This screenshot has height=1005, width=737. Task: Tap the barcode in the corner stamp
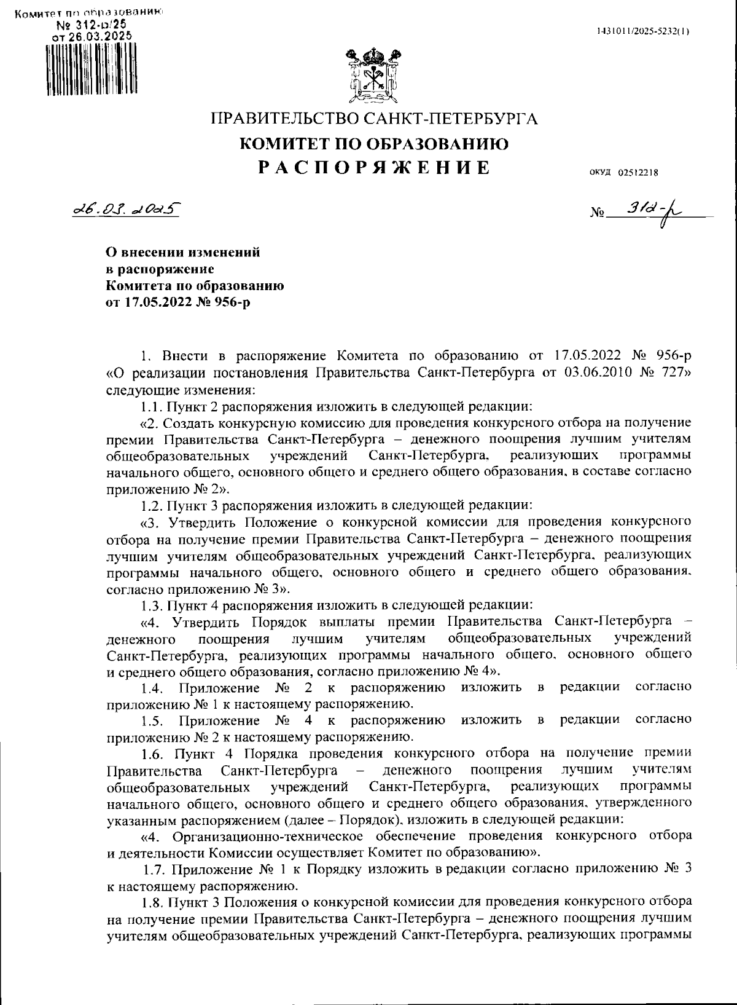click(92, 68)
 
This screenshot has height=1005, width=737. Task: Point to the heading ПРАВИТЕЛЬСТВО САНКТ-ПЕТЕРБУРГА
click(374, 118)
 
